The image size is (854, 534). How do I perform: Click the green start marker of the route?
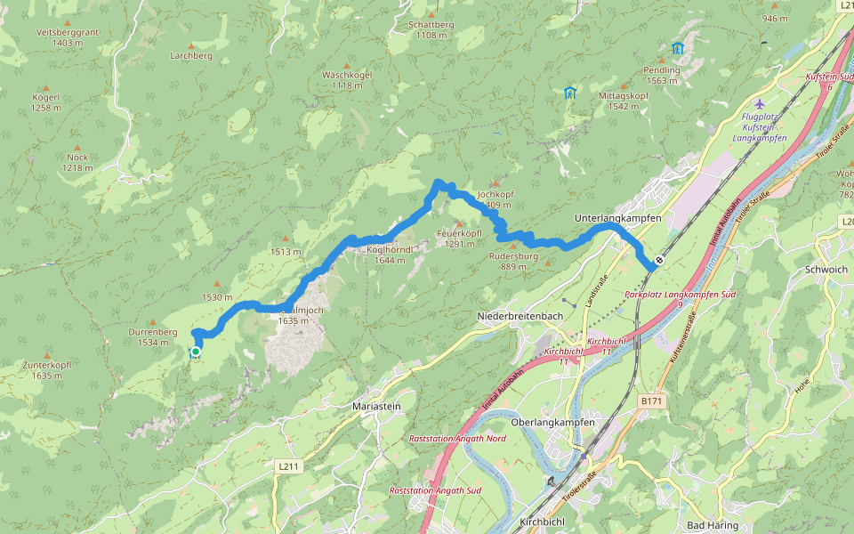point(195,352)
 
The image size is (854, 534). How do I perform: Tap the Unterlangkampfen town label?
point(617,217)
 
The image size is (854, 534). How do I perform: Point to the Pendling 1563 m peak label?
point(662,75)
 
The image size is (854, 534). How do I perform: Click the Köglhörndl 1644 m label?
point(391,255)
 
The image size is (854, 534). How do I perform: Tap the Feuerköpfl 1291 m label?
point(459,239)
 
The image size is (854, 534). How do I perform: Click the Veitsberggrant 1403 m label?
point(67,36)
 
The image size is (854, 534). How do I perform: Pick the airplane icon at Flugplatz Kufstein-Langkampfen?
point(759,103)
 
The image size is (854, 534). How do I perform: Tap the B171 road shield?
point(651,401)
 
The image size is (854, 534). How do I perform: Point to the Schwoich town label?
point(826,269)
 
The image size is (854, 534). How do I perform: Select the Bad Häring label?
point(713,526)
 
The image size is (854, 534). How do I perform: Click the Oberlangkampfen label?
point(552,421)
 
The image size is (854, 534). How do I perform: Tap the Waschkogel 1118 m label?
point(347,80)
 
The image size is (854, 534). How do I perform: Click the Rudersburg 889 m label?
point(514,260)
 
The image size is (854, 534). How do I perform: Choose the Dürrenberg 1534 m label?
point(153,336)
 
